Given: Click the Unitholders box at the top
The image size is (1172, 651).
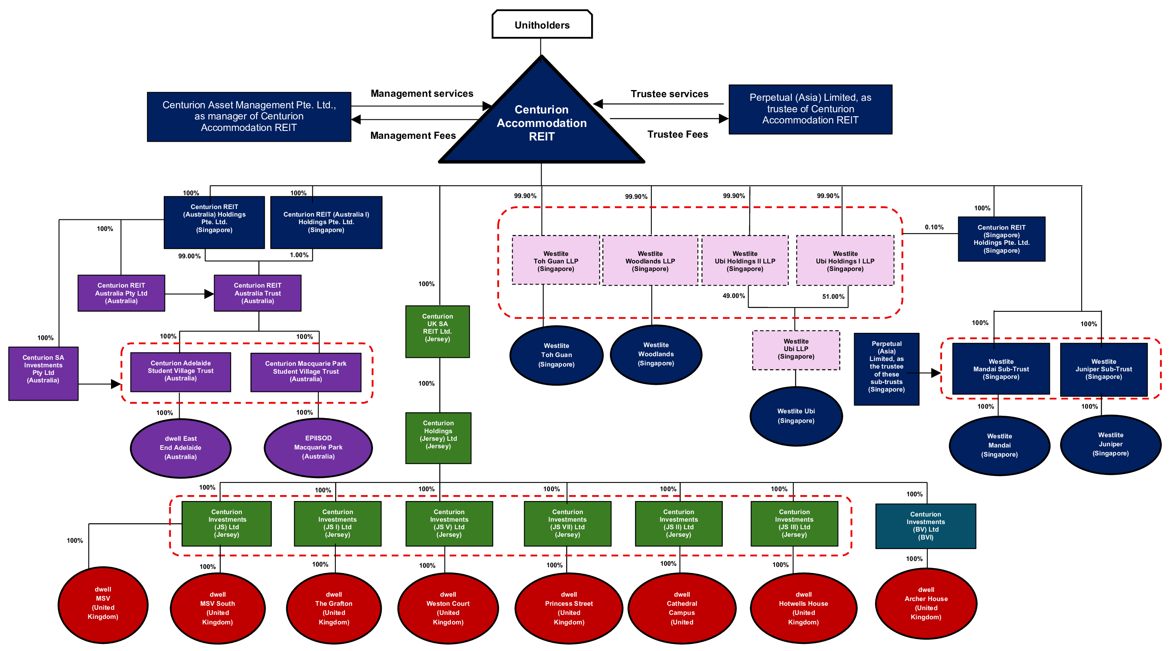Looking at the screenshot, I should pos(542,25).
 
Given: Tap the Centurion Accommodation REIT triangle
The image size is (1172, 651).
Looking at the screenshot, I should pos(542,123).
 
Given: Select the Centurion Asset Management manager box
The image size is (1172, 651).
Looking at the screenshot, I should pos(249,117).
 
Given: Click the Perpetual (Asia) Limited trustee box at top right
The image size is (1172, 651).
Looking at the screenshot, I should pos(810,109).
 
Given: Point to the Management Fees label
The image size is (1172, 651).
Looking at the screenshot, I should pos(413,136).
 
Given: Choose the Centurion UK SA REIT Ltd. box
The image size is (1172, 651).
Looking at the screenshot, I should pos(437,331).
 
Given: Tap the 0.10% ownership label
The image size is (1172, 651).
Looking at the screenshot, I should pos(934,227).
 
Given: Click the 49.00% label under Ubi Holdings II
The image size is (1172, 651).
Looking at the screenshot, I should pos(733,296).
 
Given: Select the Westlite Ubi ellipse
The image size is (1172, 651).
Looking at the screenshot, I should pos(796,416).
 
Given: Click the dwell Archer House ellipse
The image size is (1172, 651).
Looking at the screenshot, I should pos(926,603).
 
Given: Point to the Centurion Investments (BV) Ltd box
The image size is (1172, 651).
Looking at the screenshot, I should pos(925,526).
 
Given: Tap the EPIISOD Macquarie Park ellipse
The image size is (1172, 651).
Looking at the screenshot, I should pos(318,447).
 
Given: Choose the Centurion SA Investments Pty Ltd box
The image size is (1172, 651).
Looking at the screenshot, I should pos(43,373).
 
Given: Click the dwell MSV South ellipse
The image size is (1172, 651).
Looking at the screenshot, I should pos(218,608).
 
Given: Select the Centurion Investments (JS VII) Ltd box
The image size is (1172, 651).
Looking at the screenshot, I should pos(567,523).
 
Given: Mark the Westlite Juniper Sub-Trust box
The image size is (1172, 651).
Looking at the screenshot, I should pos(1103,369).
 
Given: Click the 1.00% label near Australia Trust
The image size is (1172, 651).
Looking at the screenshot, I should pos(299,255).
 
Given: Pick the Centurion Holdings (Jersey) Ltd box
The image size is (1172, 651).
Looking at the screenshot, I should pos(438,438).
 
